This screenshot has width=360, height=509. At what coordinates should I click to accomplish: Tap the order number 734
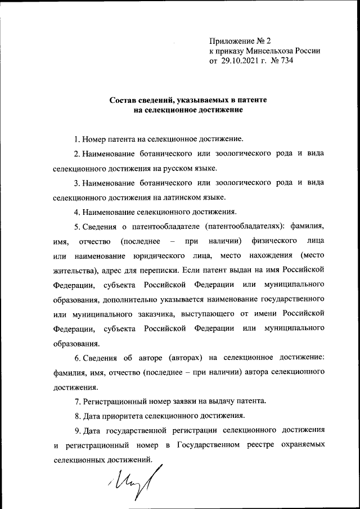[x=286, y=60]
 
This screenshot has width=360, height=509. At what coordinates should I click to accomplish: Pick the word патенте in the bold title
[x=253, y=100]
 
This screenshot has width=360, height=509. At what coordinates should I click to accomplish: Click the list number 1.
[x=76, y=138]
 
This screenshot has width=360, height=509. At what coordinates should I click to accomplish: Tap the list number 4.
[x=76, y=212]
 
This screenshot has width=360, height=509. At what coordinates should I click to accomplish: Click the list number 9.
[x=76, y=431]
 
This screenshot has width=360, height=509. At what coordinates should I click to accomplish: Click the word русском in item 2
[x=163, y=168]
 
